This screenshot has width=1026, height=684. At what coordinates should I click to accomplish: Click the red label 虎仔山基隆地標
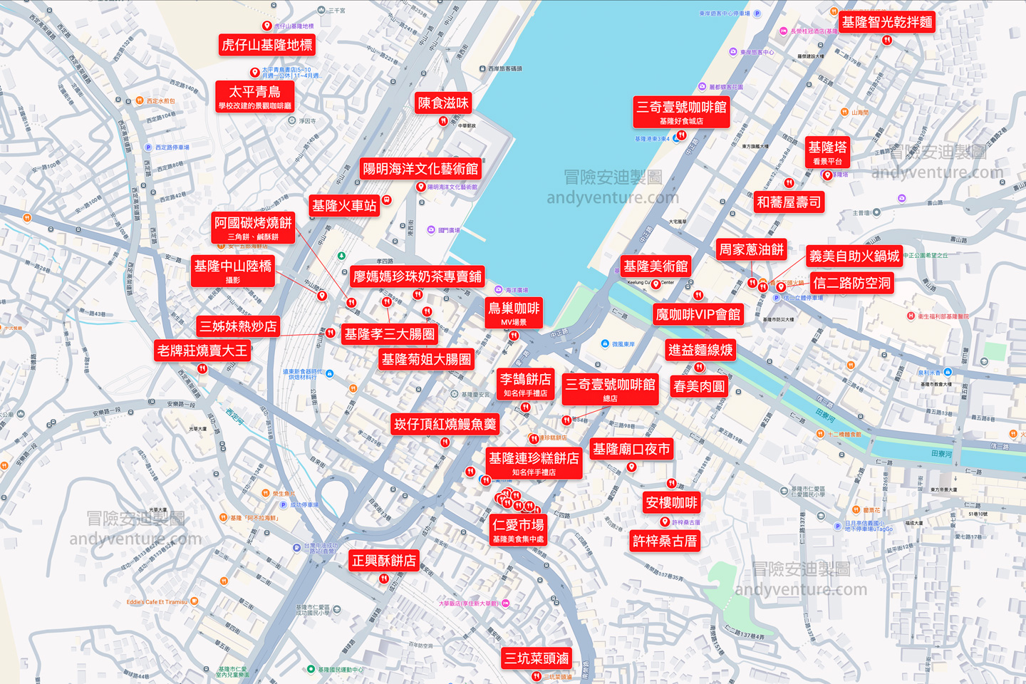(267, 45)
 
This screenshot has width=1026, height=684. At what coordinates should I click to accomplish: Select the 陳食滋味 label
(443, 103)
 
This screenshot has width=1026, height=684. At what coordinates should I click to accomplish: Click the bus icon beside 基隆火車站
(387, 200)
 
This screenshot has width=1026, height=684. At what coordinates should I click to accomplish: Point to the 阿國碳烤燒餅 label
(253, 227)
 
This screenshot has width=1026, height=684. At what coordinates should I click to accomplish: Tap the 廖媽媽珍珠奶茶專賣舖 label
(418, 276)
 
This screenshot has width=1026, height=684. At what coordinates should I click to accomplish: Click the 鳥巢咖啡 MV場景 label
(514, 313)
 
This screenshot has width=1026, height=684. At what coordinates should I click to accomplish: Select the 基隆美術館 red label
(655, 266)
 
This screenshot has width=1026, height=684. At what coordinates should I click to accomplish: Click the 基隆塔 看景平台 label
(827, 152)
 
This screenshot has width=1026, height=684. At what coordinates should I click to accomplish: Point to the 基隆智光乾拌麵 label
(887, 22)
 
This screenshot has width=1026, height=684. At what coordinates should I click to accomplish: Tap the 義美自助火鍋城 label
(854, 256)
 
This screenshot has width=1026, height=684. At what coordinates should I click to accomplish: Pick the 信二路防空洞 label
(852, 283)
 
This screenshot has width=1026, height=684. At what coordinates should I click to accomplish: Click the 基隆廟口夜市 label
(631, 449)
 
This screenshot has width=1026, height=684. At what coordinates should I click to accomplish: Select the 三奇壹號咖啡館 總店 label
(610, 389)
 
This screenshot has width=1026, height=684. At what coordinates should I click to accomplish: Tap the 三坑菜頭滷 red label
(537, 658)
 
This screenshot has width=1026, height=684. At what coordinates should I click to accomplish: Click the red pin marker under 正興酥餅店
(384, 579)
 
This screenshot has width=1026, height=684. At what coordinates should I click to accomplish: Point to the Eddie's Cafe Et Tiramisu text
(157, 602)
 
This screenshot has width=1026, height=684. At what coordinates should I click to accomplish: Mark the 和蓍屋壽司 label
(789, 202)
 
